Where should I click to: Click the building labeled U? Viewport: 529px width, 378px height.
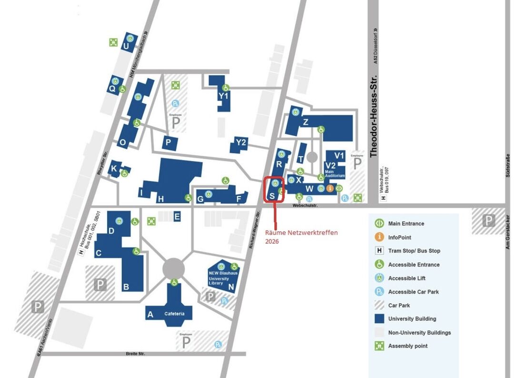126,46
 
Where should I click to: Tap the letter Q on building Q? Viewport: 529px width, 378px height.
112,88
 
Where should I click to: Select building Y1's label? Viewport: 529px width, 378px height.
223,96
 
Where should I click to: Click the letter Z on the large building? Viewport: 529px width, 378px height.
305,122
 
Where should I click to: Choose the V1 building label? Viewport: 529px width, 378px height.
339,155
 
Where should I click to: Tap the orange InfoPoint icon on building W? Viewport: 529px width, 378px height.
329,188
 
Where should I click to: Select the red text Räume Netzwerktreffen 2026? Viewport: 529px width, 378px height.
301,237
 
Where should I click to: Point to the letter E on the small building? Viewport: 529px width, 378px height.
177,217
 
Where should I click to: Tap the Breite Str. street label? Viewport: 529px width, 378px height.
135,354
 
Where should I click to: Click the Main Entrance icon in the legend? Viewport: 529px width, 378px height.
379,223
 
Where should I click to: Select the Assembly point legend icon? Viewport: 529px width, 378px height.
379,346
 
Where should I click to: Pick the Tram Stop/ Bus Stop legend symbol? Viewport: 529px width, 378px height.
379,250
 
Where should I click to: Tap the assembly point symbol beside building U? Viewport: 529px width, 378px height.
113,42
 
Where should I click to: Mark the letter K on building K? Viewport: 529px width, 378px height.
114,168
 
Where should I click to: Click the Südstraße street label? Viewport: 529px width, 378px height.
508,167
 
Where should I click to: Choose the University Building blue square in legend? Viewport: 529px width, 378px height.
379,318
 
